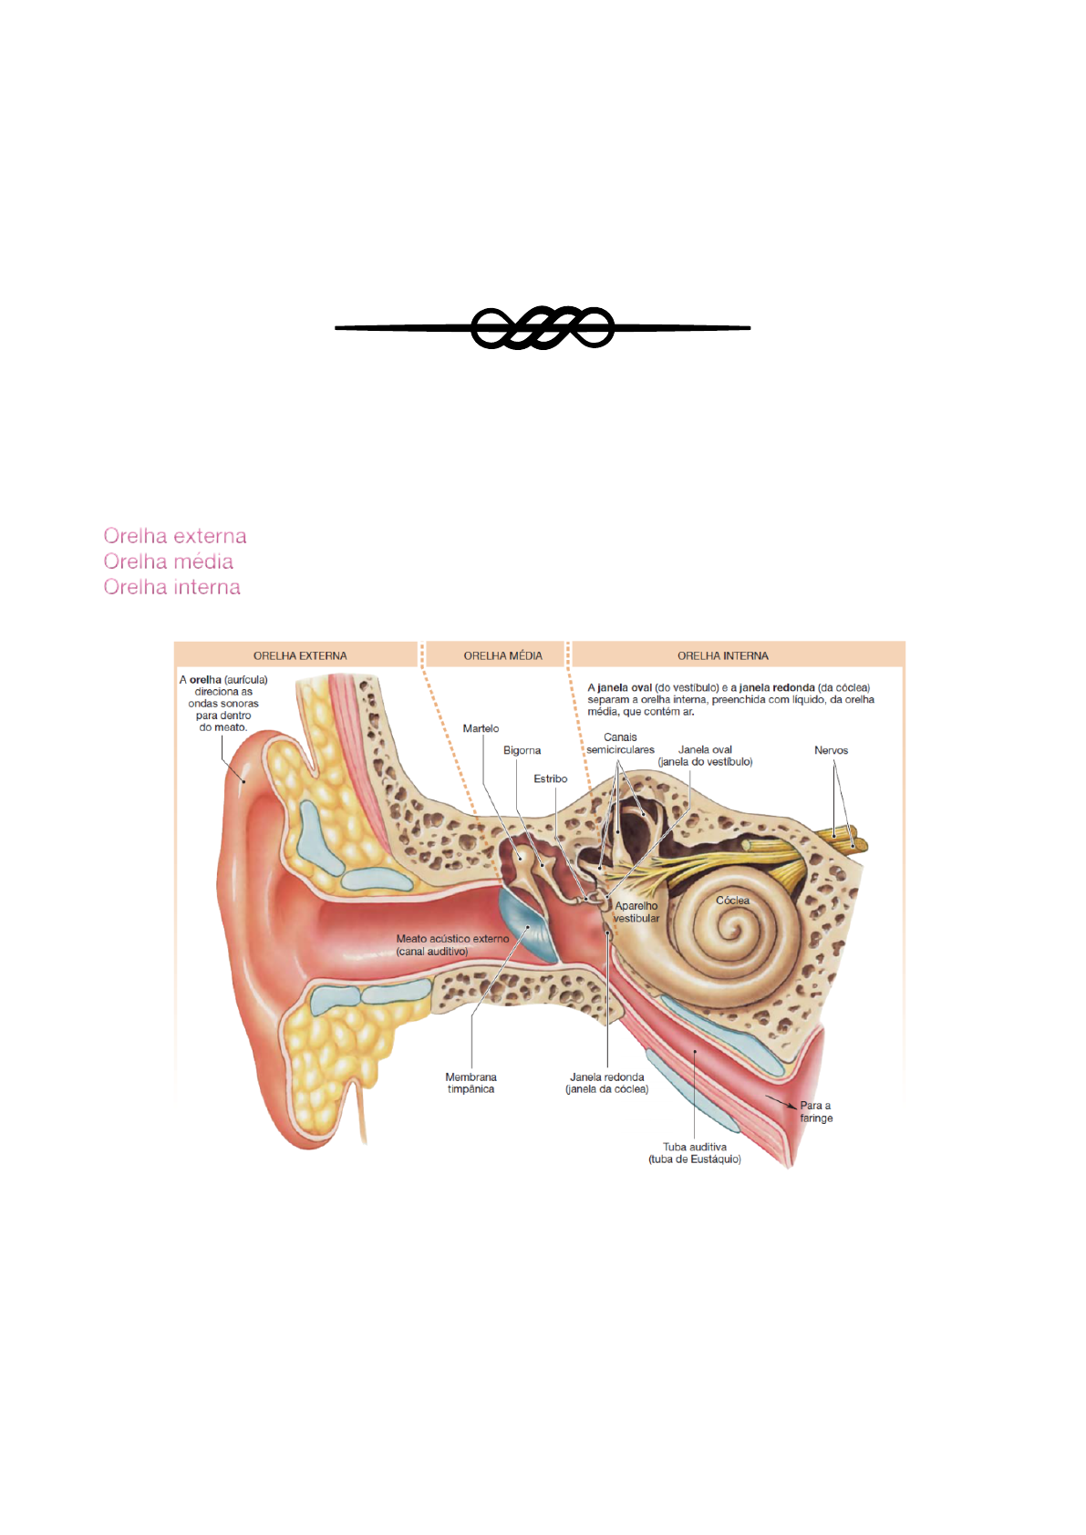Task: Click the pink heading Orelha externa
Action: pyautogui.click(x=175, y=536)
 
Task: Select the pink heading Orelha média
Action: pyautogui.click(x=169, y=561)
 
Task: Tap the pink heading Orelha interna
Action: pyautogui.click(x=172, y=587)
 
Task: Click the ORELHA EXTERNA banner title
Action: pyautogui.click(x=300, y=655)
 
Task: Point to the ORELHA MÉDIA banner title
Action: pyautogui.click(x=502, y=655)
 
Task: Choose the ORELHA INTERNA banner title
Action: pyautogui.click(x=722, y=655)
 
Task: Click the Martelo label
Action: pyautogui.click(x=481, y=728)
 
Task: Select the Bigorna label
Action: pyautogui.click(x=522, y=750)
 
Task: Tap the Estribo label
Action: pyautogui.click(x=550, y=778)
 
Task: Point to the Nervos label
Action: pyautogui.click(x=831, y=750)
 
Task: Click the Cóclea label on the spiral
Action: pyautogui.click(x=732, y=900)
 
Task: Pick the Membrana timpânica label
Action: pyautogui.click(x=471, y=1083)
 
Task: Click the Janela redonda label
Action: pyautogui.click(x=607, y=1083)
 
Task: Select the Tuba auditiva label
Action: pyautogui.click(x=695, y=1153)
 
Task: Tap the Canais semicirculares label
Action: pyautogui.click(x=620, y=743)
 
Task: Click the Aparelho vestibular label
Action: pyautogui.click(x=636, y=912)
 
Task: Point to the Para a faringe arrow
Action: pyautogui.click(x=781, y=1103)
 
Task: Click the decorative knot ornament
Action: pyautogui.click(x=543, y=327)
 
